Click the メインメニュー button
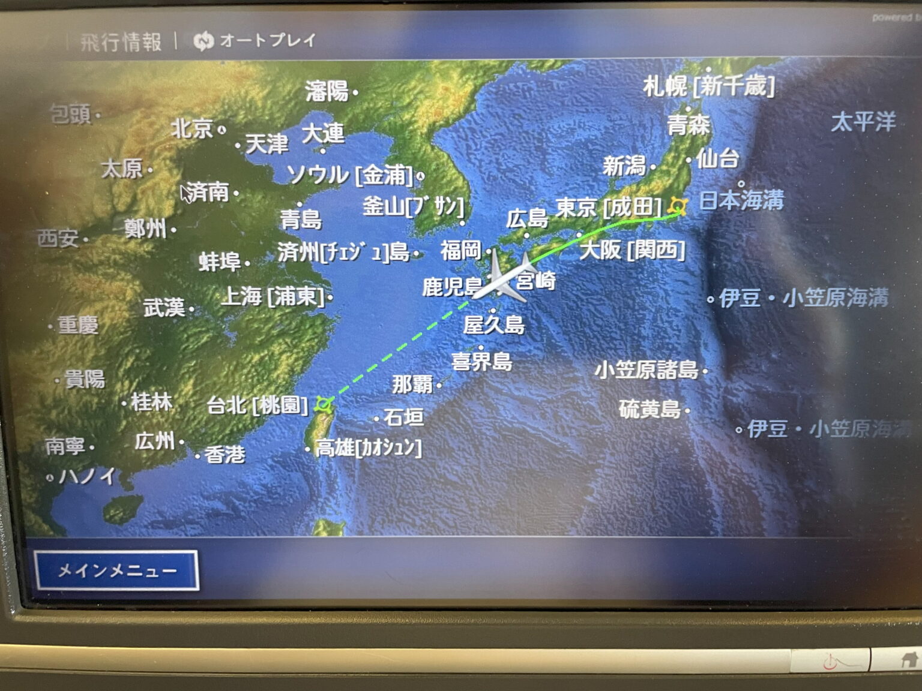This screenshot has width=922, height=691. coord(117,570)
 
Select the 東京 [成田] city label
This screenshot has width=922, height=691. coord(607,208)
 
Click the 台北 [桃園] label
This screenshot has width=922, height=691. coord(257,405)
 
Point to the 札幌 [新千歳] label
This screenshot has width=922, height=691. coord(709,86)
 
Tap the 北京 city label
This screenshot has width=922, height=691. coord(193,128)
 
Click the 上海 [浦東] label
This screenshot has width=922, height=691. coord(273,296)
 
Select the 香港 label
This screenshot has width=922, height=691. coord(225,455)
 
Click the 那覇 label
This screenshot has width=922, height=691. coord(413,384)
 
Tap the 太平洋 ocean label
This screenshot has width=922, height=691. coord(863,122)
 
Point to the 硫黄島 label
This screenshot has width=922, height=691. coord(649,410)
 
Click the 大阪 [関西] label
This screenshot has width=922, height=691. coord(632,250)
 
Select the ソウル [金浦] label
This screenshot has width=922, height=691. coord(350,175)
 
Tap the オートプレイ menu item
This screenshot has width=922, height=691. coord(267,40)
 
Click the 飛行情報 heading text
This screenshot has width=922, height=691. coord(121,42)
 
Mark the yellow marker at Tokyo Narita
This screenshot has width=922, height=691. coord(678,206)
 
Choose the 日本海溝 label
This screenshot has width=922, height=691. coord(741,200)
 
